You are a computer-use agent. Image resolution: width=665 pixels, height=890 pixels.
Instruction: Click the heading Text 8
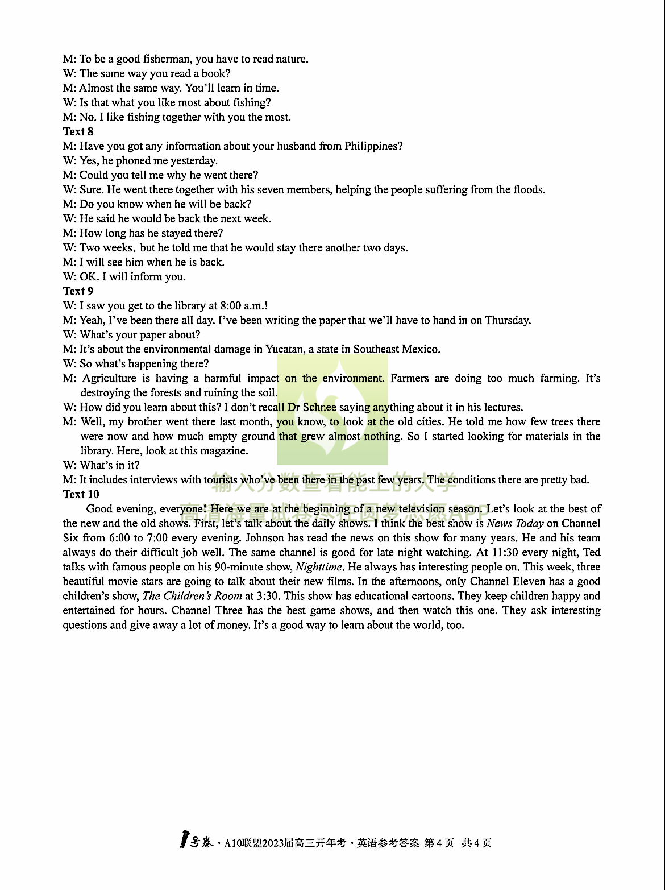(78, 131)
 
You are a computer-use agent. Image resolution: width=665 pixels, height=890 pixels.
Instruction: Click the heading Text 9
(78, 291)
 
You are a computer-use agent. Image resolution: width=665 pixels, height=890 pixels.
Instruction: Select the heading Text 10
(81, 494)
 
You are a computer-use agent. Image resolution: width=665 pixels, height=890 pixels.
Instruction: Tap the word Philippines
(373, 146)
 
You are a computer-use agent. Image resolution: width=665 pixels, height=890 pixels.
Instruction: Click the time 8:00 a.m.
(243, 306)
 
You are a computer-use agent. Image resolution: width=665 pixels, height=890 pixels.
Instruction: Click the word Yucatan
(284, 349)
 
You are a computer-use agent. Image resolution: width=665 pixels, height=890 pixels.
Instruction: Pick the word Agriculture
(109, 378)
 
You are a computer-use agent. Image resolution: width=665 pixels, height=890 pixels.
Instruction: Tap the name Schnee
(319, 407)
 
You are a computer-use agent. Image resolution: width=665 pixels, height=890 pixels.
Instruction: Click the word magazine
(226, 451)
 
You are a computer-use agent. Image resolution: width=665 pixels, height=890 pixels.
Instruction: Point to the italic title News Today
(515, 523)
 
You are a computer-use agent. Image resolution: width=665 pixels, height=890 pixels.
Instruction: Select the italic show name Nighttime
(319, 567)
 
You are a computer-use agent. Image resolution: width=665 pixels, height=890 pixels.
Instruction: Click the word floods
(529, 190)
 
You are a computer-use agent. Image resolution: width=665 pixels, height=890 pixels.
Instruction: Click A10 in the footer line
(234, 843)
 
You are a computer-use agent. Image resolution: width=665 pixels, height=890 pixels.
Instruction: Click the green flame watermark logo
(332, 409)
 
